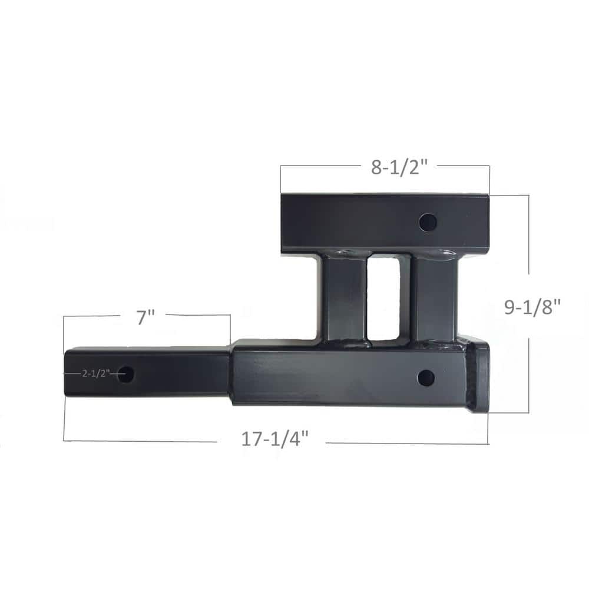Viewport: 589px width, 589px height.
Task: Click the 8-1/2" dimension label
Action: [399, 167]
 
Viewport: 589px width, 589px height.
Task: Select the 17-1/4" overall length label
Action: [275, 440]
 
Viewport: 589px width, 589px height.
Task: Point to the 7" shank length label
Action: [145, 317]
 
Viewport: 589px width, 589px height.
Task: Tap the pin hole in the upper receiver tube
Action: [428, 223]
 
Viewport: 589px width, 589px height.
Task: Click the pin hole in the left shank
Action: [125, 374]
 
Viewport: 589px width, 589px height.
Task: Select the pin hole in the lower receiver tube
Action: [425, 378]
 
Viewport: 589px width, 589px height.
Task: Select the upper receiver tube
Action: [353, 223]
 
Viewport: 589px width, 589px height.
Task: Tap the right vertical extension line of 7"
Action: [230, 330]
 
